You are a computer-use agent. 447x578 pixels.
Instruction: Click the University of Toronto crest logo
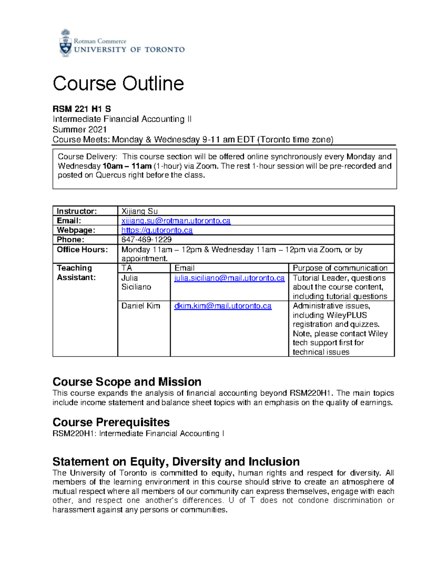coord(66,44)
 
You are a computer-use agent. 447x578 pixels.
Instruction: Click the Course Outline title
coord(118,84)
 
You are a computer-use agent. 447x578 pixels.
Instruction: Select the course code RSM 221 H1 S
coord(82,109)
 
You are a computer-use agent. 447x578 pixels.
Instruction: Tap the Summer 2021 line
coord(79,130)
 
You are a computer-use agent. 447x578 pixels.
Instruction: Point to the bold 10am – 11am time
coord(127,166)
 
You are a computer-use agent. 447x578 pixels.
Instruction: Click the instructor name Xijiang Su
coord(140,211)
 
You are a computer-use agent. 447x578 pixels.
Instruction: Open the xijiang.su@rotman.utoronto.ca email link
coord(176,221)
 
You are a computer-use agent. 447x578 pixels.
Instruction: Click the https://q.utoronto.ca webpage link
coord(157,230)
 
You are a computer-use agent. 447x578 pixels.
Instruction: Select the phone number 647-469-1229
coord(146,240)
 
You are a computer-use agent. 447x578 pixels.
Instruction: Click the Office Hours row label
coord(82,250)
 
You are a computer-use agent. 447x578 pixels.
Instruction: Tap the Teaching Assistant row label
coord(76,273)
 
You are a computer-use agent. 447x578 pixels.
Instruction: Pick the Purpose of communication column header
coord(340,268)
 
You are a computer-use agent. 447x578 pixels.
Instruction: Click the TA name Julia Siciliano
coord(136,282)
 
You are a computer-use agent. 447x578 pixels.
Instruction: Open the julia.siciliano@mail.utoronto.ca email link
coord(229,278)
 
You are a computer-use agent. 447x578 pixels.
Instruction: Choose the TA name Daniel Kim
coord(140,306)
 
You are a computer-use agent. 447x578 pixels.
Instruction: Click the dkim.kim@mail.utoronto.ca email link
coord(223,306)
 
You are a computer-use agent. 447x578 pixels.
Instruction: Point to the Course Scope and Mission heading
coord(127,382)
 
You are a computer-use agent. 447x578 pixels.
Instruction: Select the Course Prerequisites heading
coord(111,422)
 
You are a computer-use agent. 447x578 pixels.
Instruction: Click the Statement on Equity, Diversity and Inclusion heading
coord(176,462)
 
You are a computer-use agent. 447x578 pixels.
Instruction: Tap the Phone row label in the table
coord(70,240)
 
